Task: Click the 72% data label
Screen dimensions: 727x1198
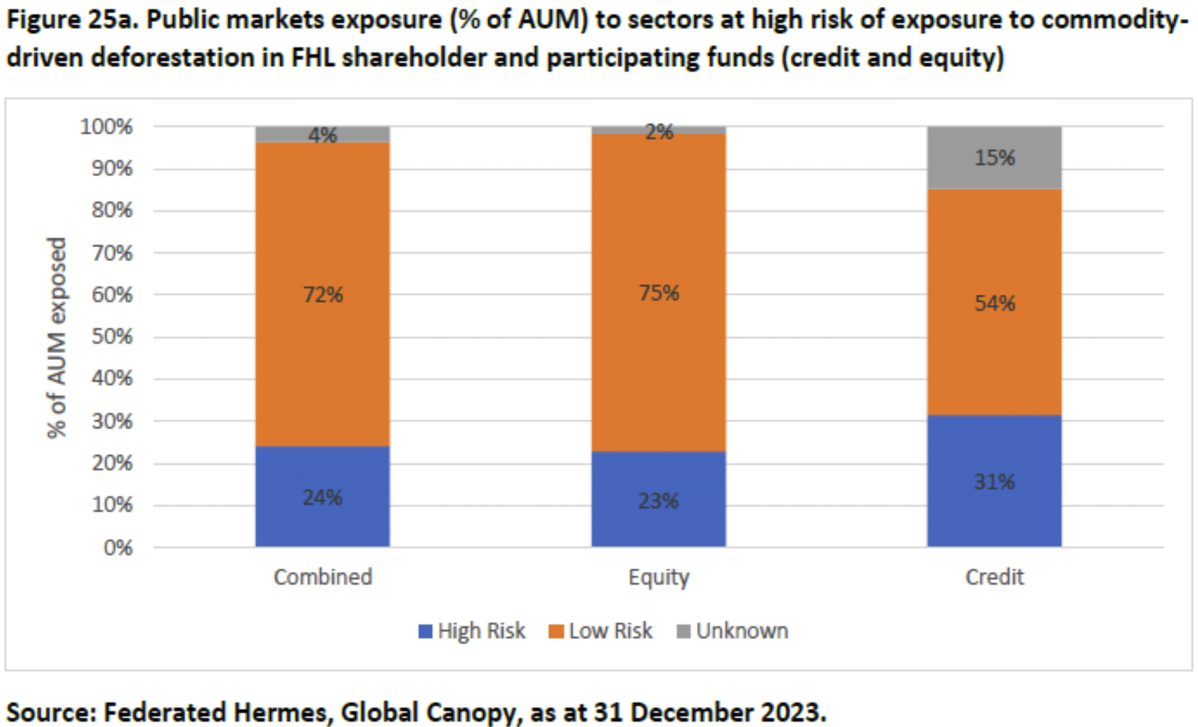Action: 323,294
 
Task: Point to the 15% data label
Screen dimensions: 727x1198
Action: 994,157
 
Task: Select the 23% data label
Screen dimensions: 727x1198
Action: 658,500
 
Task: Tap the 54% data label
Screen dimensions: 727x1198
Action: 994,303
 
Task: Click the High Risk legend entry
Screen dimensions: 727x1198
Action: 472,631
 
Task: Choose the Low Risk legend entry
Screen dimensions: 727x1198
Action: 600,631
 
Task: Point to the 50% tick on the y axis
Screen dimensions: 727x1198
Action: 112,336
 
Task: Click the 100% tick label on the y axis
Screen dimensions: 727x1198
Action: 106,127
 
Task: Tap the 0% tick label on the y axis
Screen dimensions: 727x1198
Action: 118,547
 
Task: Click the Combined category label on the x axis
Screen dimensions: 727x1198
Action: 323,577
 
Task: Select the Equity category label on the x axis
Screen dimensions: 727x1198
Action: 658,577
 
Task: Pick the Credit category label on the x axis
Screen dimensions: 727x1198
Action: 994,577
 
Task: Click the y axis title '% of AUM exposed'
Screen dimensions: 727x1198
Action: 57,337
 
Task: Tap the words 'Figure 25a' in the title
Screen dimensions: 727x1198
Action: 71,19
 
